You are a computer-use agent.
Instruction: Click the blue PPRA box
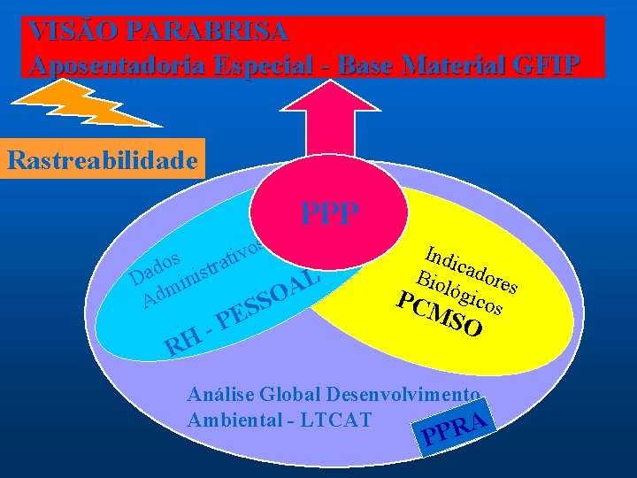(456, 430)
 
